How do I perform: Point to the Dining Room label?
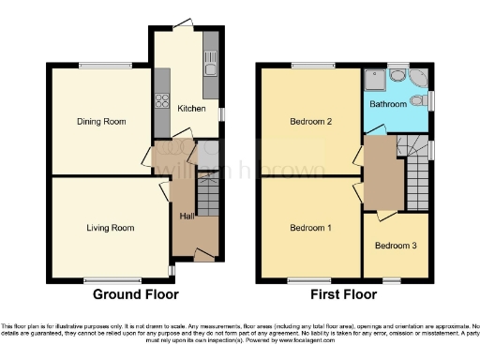100,121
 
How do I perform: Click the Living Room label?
110,228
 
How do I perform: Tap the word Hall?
187,217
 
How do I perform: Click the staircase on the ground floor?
206,200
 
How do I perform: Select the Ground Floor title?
135,294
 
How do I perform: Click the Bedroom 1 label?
309,228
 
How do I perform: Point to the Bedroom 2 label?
309,121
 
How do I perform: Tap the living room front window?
110,278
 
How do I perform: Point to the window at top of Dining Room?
97,65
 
